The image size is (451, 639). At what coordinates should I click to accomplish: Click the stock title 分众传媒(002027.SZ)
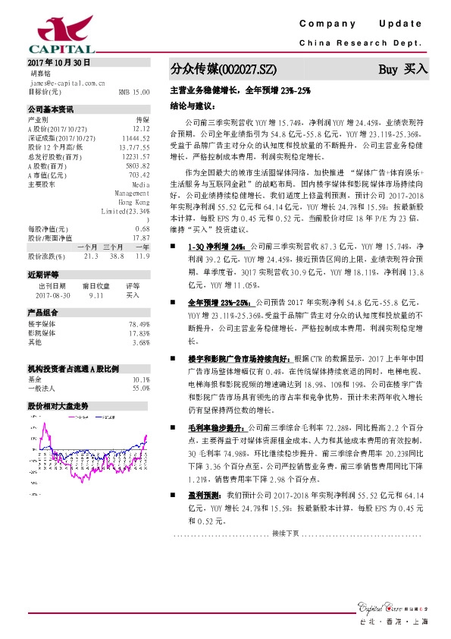pyautogui.click(x=218, y=70)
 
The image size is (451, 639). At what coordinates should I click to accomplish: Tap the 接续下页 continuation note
pyautogui.click(x=285, y=534)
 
